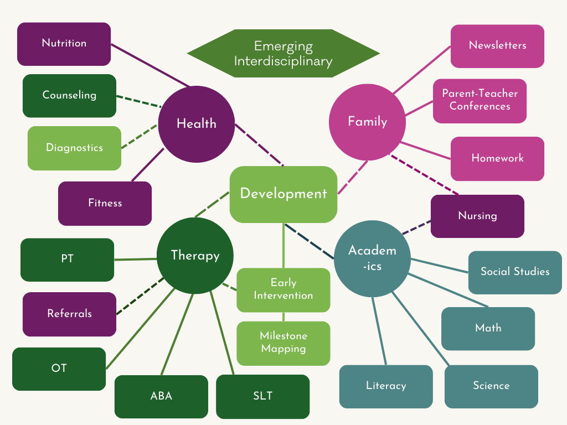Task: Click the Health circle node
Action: (x=196, y=124)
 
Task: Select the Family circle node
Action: (x=367, y=122)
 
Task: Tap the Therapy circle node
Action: (x=195, y=256)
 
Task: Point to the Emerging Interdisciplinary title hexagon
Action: (x=283, y=54)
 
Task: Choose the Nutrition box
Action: (x=64, y=44)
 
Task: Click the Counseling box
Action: (x=69, y=95)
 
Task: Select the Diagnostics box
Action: (x=74, y=148)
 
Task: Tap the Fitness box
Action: (x=105, y=203)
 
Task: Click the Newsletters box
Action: (x=497, y=46)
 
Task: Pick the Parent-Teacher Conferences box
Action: (x=480, y=100)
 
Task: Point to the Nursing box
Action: (x=477, y=216)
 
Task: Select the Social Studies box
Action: (x=515, y=272)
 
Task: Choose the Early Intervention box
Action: (x=283, y=289)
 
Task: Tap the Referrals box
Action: (x=69, y=314)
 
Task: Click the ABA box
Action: (x=161, y=396)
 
